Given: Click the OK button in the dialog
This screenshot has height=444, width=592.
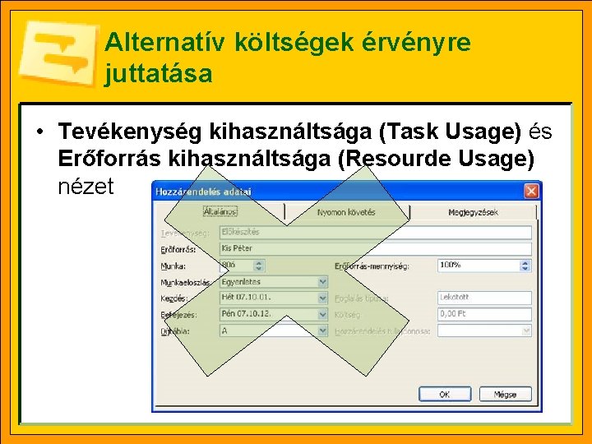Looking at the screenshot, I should [x=444, y=395].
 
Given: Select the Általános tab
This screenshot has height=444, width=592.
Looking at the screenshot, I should [x=220, y=211].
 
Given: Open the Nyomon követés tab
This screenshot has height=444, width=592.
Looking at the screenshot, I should [x=346, y=212].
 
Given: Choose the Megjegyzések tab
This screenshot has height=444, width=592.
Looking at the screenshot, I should [x=474, y=212].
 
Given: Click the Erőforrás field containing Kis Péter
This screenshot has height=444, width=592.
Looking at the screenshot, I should [x=375, y=248].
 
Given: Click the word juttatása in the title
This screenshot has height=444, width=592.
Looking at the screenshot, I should [x=159, y=74].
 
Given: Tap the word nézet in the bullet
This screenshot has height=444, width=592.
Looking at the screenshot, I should [x=86, y=186].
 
